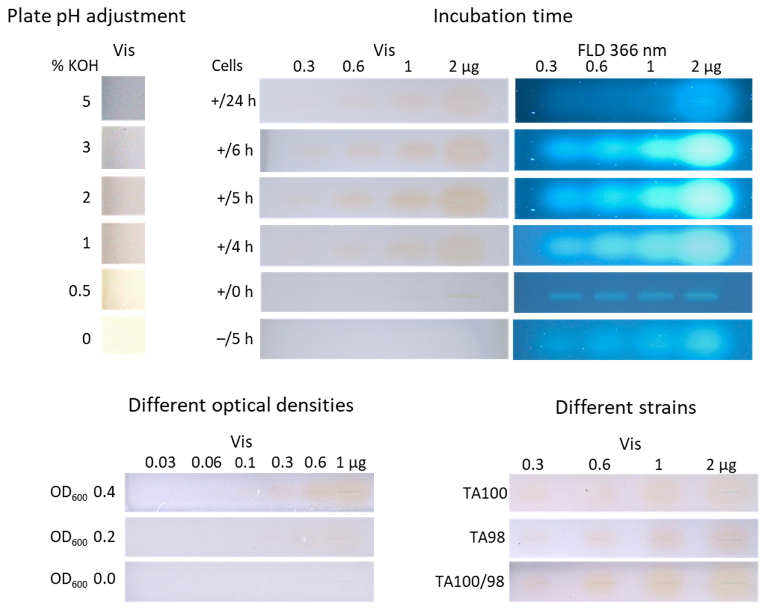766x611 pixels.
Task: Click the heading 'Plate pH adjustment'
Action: [96, 16]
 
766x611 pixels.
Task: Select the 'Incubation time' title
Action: [503, 16]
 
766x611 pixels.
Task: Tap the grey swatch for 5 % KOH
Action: [123, 98]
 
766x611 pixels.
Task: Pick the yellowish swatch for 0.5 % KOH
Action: [123, 289]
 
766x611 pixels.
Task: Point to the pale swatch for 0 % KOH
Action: [123, 335]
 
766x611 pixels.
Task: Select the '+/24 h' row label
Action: [233, 101]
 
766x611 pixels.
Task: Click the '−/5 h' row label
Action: [234, 339]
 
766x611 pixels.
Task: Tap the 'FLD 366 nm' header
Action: [622, 50]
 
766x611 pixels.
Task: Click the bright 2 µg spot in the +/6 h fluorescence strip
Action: [705, 150]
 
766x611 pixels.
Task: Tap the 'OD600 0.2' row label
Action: [83, 537]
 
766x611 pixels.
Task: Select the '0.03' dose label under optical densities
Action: [160, 463]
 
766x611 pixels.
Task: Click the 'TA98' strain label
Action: [487, 537]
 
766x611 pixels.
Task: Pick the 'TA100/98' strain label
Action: [470, 581]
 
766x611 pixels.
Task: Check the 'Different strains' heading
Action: [626, 408]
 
